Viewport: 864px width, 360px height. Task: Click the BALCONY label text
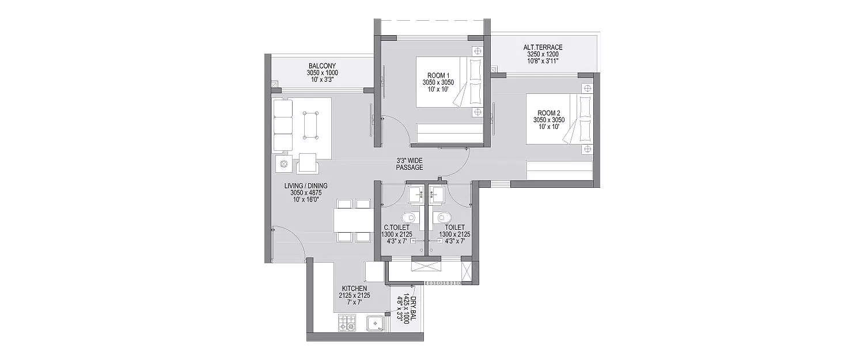click(x=323, y=66)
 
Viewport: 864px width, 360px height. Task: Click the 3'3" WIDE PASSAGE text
click(x=410, y=164)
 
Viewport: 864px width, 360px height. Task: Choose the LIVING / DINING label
click(x=305, y=185)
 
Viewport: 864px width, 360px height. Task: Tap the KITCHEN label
click(x=354, y=287)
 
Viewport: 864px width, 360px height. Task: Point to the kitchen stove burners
click(x=347, y=323)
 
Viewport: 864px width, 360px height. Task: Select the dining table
click(x=353, y=220)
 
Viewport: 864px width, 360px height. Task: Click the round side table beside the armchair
click(x=283, y=164)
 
